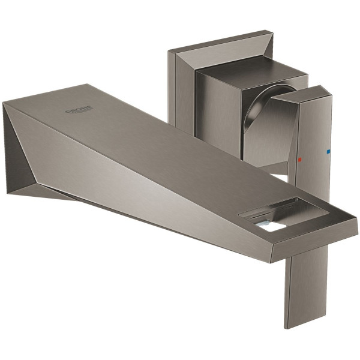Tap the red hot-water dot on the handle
point(299,161)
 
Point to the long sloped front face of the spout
point(144,180)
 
